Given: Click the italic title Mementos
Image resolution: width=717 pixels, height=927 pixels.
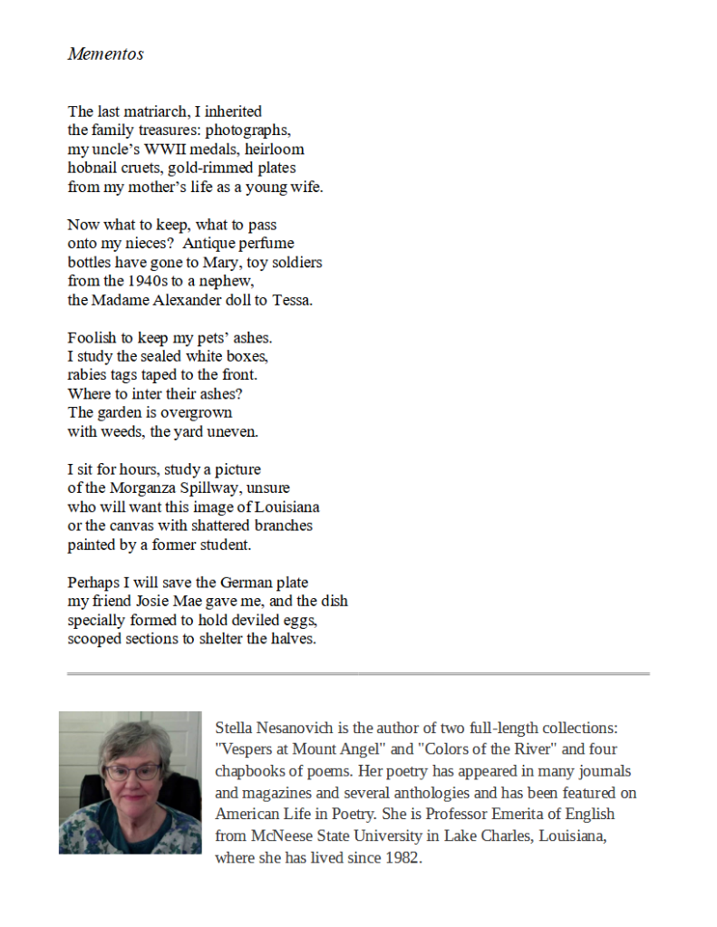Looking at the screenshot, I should tap(105, 53).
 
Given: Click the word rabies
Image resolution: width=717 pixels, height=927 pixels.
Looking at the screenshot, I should tap(89, 375).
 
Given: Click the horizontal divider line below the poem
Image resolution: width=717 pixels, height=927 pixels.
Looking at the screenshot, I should tap(358, 674).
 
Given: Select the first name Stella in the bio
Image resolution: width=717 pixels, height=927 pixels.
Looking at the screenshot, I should tap(235, 728).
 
